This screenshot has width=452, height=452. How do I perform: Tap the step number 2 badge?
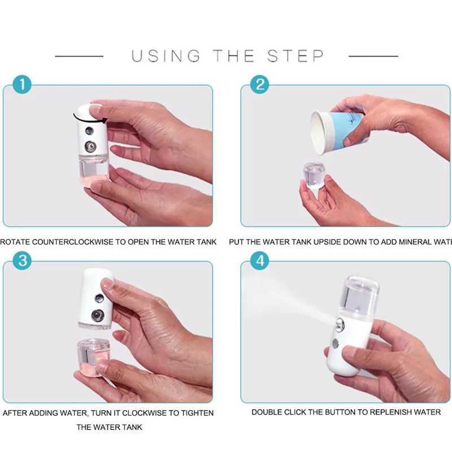pos(259,85)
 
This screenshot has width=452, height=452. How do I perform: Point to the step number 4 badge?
pos(259,261)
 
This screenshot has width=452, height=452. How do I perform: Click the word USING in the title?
pos(166,56)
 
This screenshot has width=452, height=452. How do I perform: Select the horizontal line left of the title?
pos(79,56)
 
